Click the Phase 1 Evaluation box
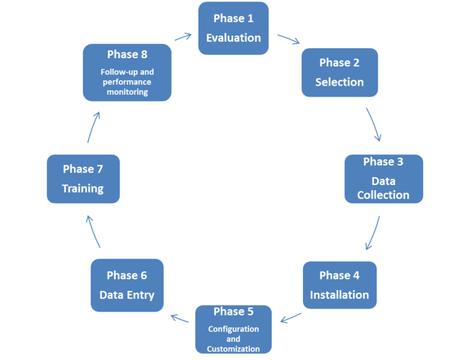(233, 28)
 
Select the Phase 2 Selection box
(339, 72)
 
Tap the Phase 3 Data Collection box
(383, 178)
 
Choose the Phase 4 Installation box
(339, 286)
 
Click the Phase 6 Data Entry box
(127, 286)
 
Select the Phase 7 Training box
(83, 178)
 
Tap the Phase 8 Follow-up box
(128, 72)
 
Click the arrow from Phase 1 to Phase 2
(289, 39)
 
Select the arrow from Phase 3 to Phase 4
(373, 233)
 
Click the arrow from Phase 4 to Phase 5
(290, 318)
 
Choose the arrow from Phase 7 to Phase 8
(93, 125)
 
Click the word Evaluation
(233, 38)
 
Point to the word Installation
(339, 295)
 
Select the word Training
(83, 188)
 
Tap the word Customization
(233, 348)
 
